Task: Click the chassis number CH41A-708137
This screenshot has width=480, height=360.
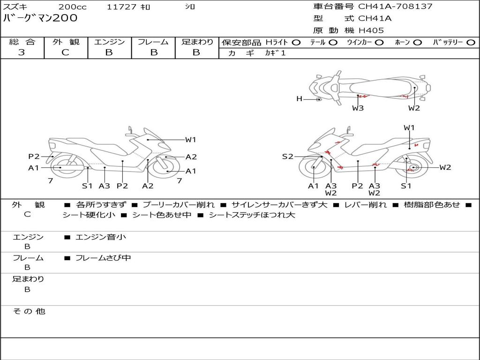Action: tap(395, 7)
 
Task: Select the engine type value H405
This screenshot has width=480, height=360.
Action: tap(371, 30)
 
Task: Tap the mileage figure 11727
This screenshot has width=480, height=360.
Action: tap(121, 7)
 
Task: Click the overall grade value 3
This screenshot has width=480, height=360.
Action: tap(22, 52)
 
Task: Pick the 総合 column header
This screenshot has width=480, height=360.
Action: tap(22, 42)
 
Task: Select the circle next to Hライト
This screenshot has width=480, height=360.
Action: tap(296, 42)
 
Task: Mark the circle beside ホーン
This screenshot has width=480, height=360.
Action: tap(417, 42)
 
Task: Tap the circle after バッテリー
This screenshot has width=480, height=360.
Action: tap(471, 42)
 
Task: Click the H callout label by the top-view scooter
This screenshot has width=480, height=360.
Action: tap(299, 99)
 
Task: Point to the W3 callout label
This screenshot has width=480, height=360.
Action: tap(358, 108)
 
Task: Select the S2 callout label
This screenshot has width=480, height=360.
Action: tap(287, 157)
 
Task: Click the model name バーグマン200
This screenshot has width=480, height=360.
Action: tap(40, 18)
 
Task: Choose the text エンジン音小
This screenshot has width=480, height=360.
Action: tap(101, 237)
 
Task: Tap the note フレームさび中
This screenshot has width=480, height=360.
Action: tap(103, 258)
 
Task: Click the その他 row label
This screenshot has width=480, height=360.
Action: tap(29, 311)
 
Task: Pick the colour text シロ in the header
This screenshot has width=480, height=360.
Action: tap(189, 7)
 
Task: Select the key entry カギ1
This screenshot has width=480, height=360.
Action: tap(275, 53)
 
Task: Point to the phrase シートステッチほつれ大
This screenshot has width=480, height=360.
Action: tap(252, 215)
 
